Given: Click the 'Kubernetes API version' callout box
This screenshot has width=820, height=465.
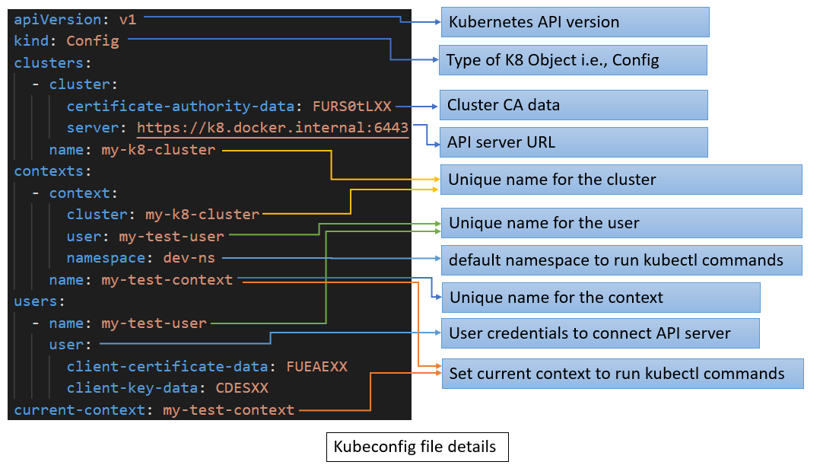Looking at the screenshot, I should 575,22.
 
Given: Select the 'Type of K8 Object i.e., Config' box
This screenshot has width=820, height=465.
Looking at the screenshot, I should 573,60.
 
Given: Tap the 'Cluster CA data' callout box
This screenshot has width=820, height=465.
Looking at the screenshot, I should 574,105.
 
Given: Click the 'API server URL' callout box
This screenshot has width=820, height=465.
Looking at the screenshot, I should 574,142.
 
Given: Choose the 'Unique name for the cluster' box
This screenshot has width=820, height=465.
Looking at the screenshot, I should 621,180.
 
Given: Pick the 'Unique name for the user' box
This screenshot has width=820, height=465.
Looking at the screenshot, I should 621,223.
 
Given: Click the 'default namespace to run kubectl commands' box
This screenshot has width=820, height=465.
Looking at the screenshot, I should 621,260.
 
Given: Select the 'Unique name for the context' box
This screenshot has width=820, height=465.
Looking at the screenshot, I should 601,297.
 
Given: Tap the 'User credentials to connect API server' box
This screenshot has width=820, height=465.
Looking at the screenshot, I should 601,333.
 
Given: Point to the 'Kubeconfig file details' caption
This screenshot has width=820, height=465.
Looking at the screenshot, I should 416,447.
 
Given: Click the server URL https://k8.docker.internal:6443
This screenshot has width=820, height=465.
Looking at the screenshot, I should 272,128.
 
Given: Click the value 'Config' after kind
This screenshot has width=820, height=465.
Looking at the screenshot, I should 93,41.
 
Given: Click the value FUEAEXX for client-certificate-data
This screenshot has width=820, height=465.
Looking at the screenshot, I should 316,367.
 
